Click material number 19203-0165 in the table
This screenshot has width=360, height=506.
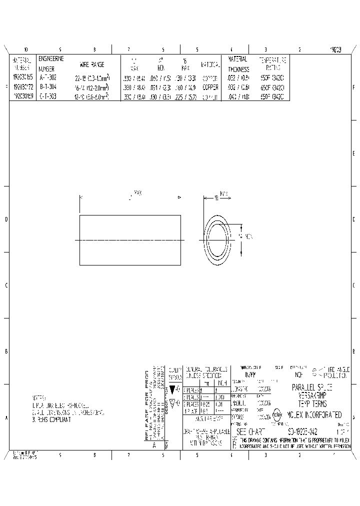pyautogui.click(x=22, y=77)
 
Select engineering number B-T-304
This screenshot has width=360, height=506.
pyautogui.click(x=48, y=86)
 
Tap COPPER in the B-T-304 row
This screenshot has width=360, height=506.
pyautogui.click(x=210, y=86)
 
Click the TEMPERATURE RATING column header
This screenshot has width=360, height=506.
pyautogui.click(x=273, y=63)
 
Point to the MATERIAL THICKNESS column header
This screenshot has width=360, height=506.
pyautogui.click(x=238, y=63)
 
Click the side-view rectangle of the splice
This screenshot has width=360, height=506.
pyautogui.click(x=130, y=240)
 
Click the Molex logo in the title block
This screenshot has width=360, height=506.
pyautogui.click(x=277, y=415)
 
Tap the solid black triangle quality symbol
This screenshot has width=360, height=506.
pyautogui.click(x=173, y=389)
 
